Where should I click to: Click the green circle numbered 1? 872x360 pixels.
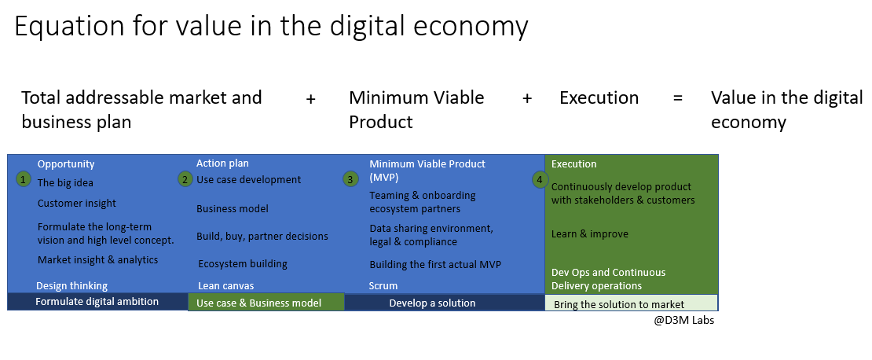click(23, 179)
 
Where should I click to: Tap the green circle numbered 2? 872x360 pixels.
click(185, 179)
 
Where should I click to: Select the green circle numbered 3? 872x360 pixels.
click(350, 179)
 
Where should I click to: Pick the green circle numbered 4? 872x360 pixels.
click(540, 180)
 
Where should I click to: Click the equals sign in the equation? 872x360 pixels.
click(677, 98)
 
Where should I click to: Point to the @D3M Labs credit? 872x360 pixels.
click(684, 321)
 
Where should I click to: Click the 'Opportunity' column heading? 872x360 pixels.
click(66, 164)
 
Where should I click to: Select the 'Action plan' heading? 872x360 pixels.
click(222, 163)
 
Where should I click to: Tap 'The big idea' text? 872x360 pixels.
click(65, 182)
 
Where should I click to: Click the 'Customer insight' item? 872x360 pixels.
click(77, 203)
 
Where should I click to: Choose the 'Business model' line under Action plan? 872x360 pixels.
click(233, 208)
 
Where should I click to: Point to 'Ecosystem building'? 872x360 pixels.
click(243, 264)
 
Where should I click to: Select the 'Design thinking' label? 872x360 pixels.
click(71, 285)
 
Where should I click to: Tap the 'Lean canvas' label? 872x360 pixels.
click(225, 285)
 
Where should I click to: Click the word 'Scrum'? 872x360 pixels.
click(383, 285)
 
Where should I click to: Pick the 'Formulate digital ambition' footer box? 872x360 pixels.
click(98, 302)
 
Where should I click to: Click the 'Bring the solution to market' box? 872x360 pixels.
click(632, 303)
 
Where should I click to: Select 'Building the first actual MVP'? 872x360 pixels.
click(435, 264)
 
